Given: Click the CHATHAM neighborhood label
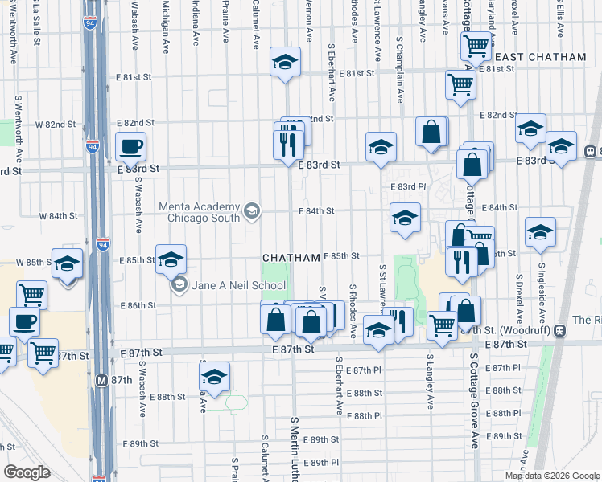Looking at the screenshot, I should pyautogui.click(x=291, y=257).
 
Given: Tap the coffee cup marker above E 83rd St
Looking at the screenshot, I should pyautogui.click(x=130, y=147).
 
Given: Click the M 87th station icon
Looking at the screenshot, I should pyautogui.click(x=102, y=380).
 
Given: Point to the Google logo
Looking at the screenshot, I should pyautogui.click(x=27, y=472).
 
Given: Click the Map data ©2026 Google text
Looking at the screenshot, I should pyautogui.click(x=552, y=476).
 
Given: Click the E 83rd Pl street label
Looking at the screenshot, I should pyautogui.click(x=408, y=186).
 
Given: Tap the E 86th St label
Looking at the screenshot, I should pyautogui.click(x=138, y=306).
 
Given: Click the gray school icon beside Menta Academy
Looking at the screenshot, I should pyautogui.click(x=252, y=211).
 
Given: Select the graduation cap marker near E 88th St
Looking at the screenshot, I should pyautogui.click(x=215, y=377).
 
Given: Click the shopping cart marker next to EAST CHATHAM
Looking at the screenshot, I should pyautogui.click(x=476, y=46).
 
